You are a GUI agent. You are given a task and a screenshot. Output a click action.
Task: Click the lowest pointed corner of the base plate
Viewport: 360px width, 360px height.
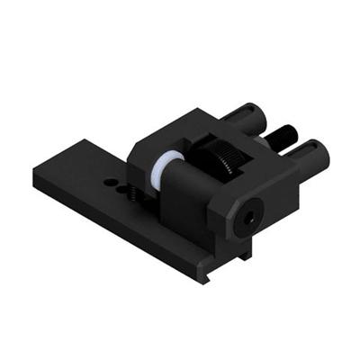pos(205,282)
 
